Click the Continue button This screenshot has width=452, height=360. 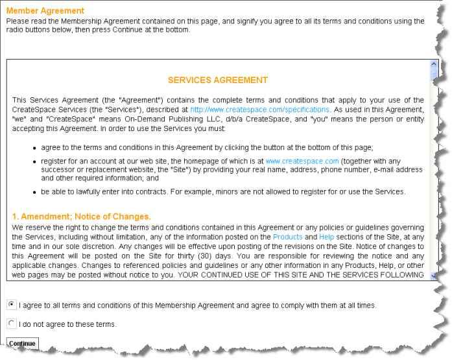pos(22,342)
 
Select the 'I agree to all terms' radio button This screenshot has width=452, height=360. pos(12,304)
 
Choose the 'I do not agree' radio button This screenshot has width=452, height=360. pos(12,323)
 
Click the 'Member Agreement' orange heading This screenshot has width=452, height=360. pos(45,11)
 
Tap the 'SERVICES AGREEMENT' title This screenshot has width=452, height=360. pos(217,80)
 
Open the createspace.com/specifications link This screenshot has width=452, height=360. pos(259,109)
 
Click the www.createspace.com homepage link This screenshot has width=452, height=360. pos(302,161)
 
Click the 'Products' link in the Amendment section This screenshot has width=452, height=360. pos(287,237)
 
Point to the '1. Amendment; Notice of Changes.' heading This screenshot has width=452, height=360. pos(81,217)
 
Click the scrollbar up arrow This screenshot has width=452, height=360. pos(434,65)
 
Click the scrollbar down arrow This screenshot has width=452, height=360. pos(434,275)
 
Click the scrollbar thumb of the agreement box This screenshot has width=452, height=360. pos(434,76)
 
